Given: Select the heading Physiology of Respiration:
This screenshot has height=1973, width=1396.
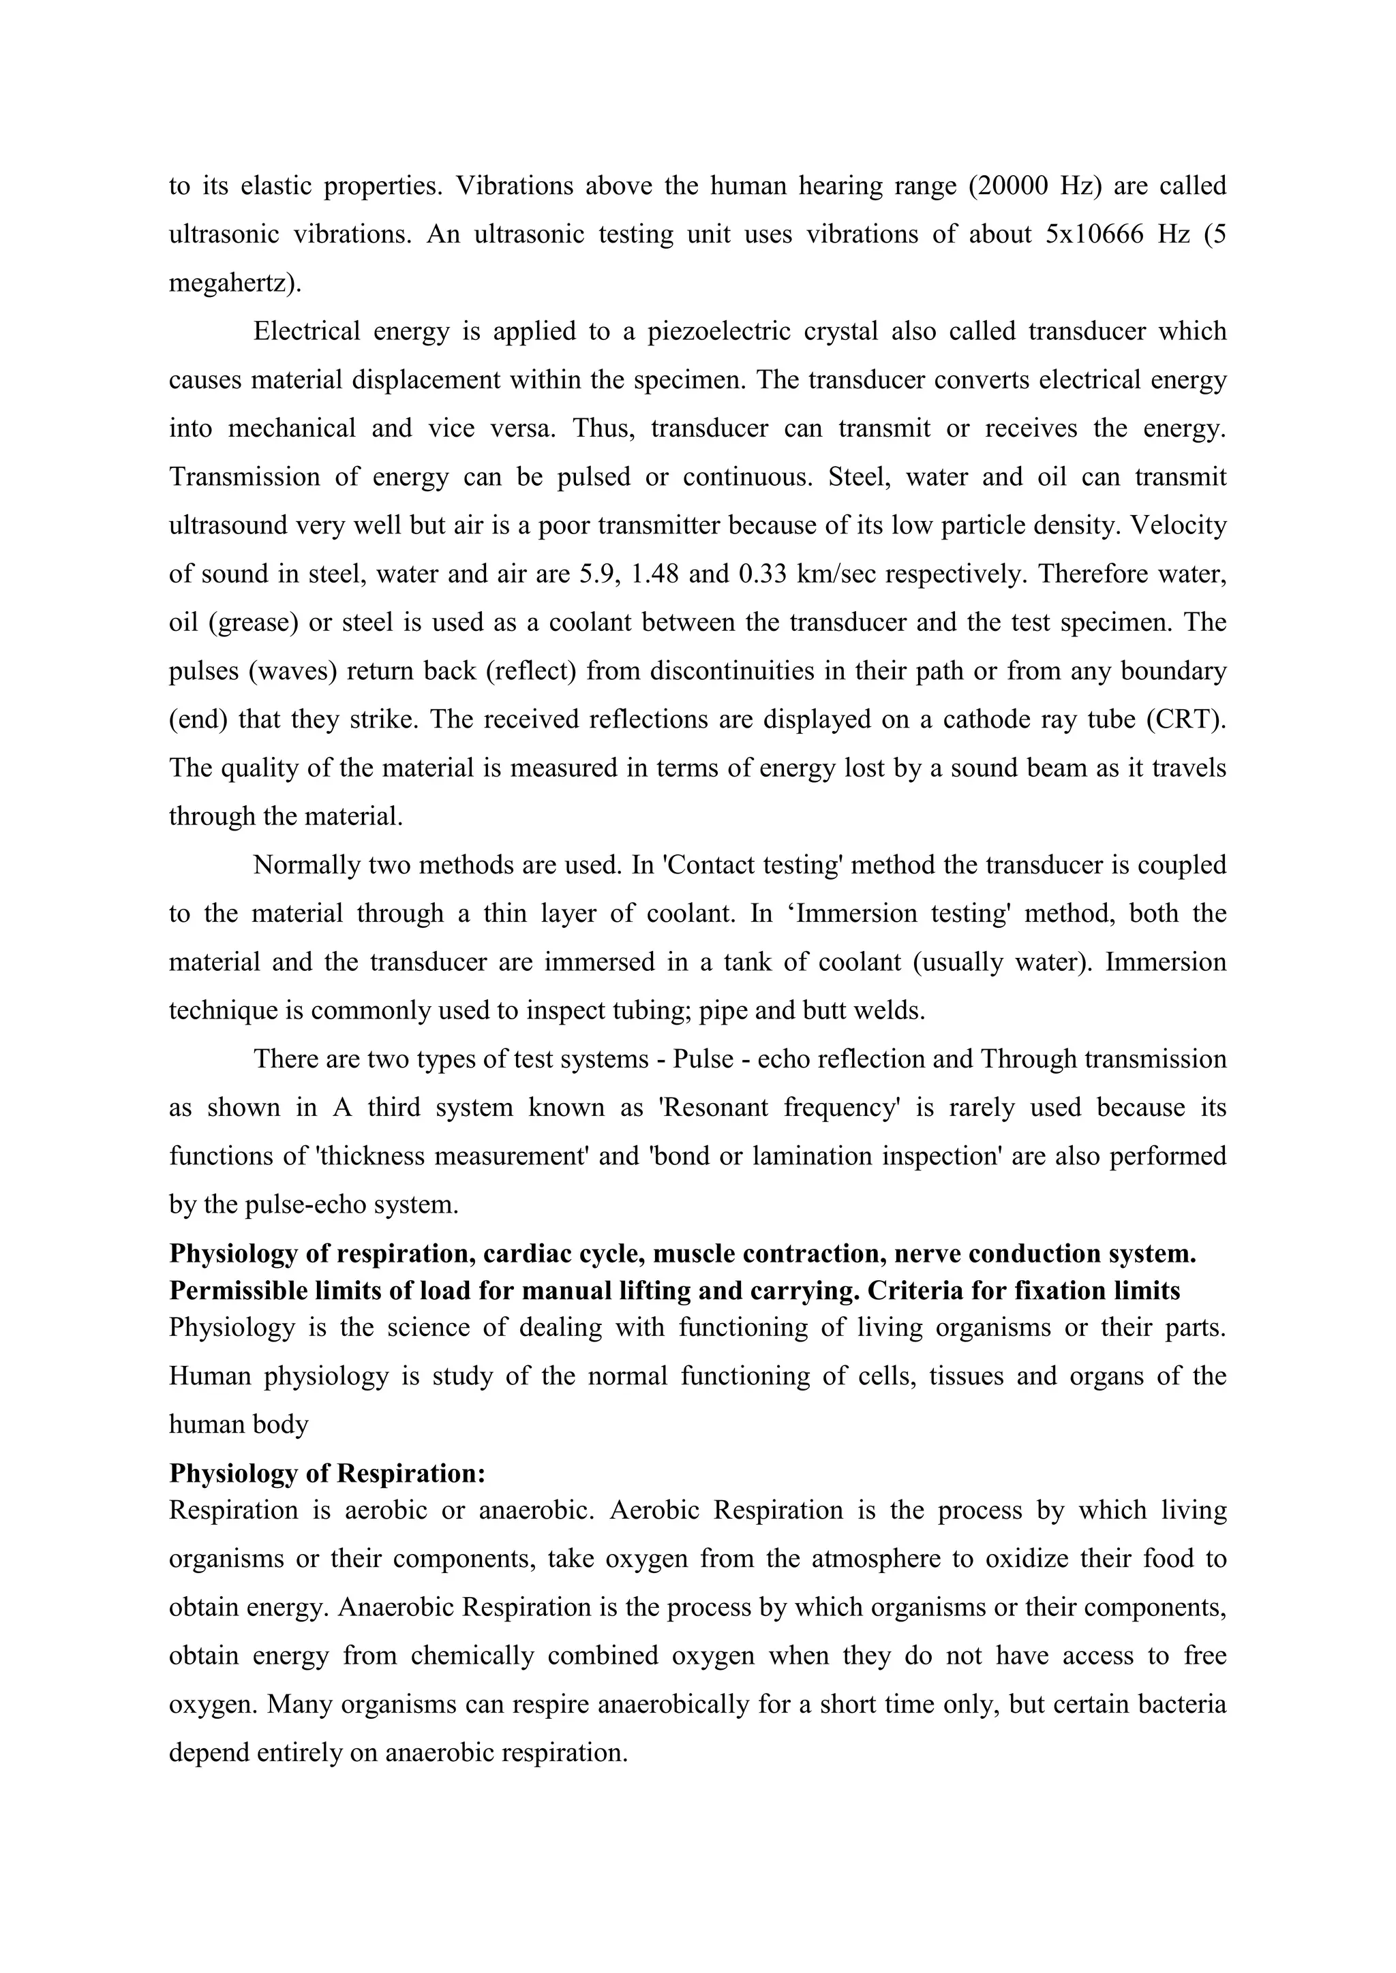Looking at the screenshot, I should click(327, 1474).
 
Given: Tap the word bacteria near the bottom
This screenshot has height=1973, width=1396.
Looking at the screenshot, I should click(1182, 1704).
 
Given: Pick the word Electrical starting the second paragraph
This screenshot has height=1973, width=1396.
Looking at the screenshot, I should click(306, 331).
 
